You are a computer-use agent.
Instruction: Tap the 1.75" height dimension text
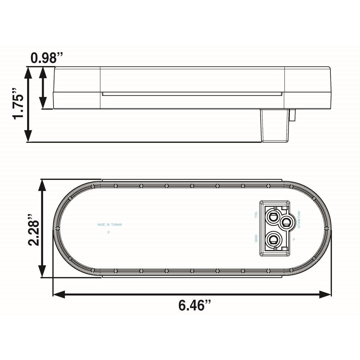18,103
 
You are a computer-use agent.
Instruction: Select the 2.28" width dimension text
34,229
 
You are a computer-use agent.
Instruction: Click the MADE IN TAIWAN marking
109,224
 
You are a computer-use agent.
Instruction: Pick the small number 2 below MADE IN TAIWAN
108,232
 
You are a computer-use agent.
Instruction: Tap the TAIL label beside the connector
256,215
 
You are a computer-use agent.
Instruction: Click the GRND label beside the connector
256,239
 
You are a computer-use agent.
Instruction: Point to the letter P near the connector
294,239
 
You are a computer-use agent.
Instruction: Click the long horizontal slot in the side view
192,94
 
